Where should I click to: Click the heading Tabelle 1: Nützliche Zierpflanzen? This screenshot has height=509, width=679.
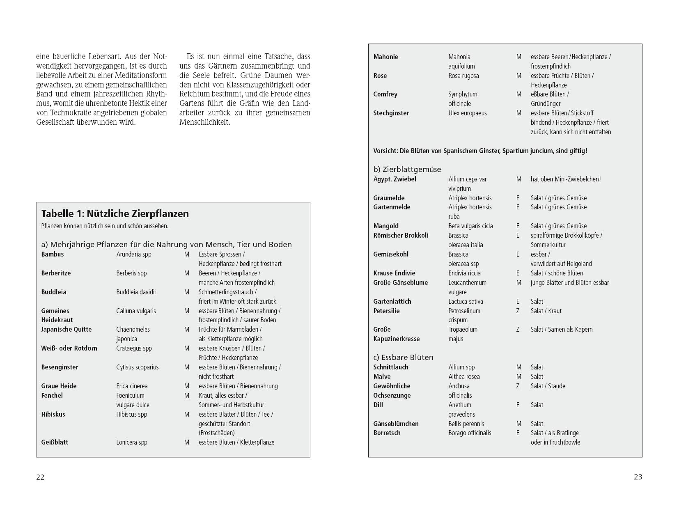pos(115,214)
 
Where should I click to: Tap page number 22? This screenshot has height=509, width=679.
pos(40,477)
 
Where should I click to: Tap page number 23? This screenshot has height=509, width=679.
pos(638,477)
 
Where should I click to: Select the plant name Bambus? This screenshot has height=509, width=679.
pos(53,254)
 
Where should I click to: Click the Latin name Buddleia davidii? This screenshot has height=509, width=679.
pos(136,292)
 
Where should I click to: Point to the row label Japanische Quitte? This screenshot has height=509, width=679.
pos(67,329)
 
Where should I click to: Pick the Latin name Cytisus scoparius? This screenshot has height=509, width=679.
pos(137,367)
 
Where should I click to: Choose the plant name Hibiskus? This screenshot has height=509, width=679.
pos(53,414)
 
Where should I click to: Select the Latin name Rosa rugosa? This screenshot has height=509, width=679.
pos(463,76)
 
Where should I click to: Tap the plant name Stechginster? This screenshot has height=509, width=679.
pos(391,113)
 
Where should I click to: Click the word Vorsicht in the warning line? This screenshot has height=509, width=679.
pos(385,151)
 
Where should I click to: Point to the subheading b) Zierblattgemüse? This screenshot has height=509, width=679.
pos(407,169)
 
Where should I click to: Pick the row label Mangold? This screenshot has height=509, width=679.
pos(386,226)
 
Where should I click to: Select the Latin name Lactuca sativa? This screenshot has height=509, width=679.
pos(466,301)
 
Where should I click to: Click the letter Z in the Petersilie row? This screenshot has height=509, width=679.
pos(518,311)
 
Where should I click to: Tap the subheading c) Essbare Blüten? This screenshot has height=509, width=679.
pos(403,357)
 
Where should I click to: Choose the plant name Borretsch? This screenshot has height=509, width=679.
pos(387,433)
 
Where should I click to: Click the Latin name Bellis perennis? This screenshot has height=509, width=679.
pos(466,424)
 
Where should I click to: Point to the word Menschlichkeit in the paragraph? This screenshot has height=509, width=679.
pos(204,122)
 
